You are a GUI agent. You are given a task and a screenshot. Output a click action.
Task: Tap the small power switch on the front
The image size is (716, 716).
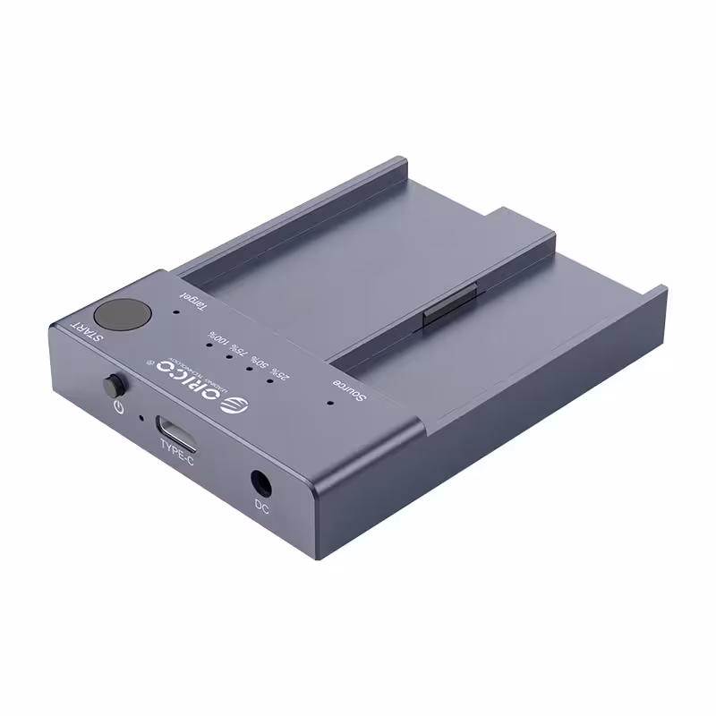[x=112, y=388]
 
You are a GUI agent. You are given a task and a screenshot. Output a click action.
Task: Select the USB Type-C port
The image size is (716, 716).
[x=177, y=426]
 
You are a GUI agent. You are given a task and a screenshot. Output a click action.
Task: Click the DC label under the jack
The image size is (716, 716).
[x=262, y=507]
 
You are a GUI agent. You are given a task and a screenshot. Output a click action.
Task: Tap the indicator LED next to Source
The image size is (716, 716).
[x=330, y=402]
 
